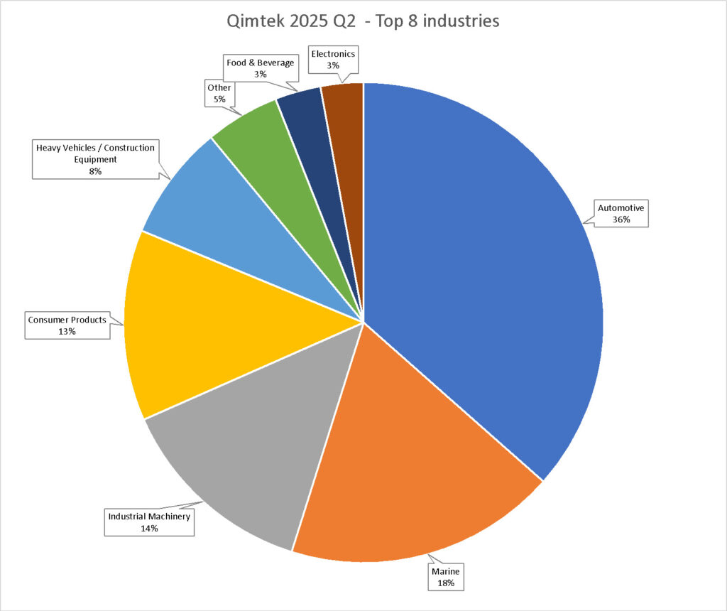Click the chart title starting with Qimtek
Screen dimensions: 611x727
coord(363,21)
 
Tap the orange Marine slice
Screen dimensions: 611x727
coord(412,469)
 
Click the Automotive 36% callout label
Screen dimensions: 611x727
coord(621,214)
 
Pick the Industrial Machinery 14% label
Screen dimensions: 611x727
coord(149,522)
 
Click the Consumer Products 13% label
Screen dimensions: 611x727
coord(67,325)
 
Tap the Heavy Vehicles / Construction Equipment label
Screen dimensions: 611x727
coord(95,158)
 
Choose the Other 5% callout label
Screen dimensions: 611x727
coord(219,93)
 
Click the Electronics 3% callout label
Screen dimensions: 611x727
coord(333,59)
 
